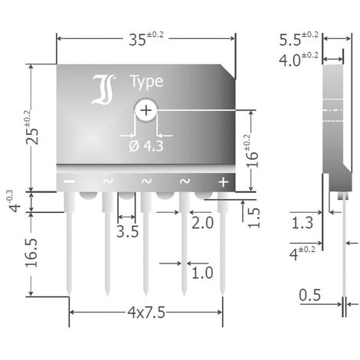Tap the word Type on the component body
(x=146, y=82)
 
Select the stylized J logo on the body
(x=103, y=90)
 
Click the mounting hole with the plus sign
(x=146, y=110)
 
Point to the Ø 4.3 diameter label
(x=146, y=146)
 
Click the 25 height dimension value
(x=32, y=136)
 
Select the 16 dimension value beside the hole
(x=252, y=159)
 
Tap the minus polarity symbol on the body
(x=69, y=182)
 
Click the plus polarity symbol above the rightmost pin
(x=224, y=182)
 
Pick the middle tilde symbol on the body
(x=146, y=181)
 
